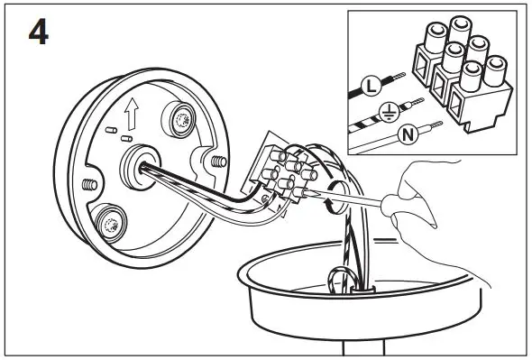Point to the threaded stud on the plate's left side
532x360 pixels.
pos(88,183)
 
